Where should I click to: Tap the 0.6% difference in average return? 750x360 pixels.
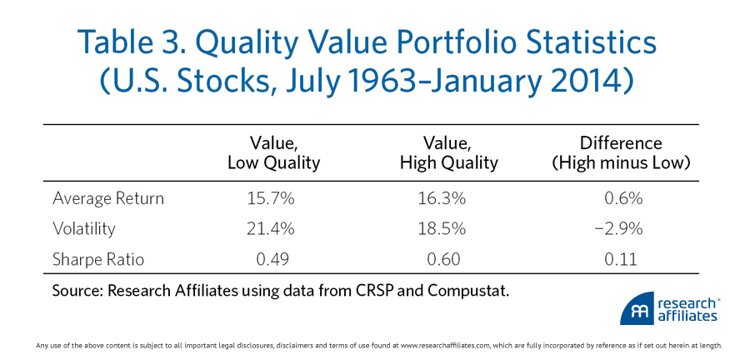(621, 198)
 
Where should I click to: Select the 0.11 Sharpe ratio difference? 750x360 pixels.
(621, 259)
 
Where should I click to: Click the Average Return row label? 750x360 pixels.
(107, 198)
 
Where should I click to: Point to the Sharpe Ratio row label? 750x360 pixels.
(97, 259)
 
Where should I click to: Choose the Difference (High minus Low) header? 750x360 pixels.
(621, 153)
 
